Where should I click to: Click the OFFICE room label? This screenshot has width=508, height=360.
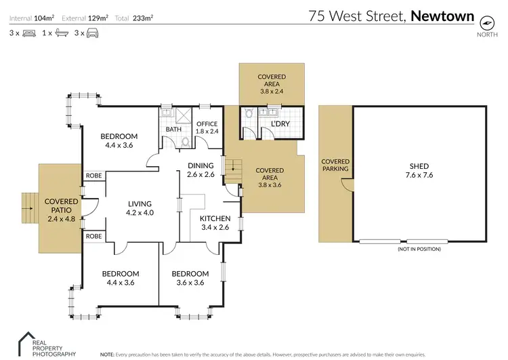207,124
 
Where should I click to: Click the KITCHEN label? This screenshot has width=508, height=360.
215,218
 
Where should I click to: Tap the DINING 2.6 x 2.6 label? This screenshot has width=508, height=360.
200,169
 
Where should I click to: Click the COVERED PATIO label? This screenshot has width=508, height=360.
61,205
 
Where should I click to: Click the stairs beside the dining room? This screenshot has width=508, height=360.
232,166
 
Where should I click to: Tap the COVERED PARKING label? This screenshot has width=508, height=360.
335,165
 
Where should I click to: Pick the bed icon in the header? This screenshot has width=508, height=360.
29,33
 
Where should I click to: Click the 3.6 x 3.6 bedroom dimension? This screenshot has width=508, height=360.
190,283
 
